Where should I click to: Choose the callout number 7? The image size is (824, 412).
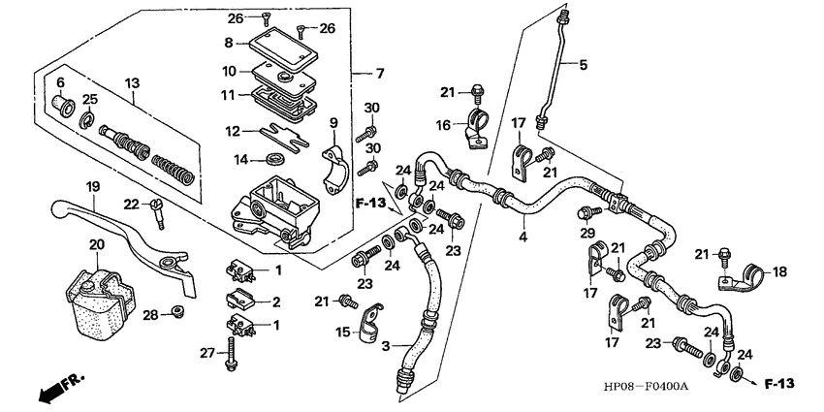[381, 74]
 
